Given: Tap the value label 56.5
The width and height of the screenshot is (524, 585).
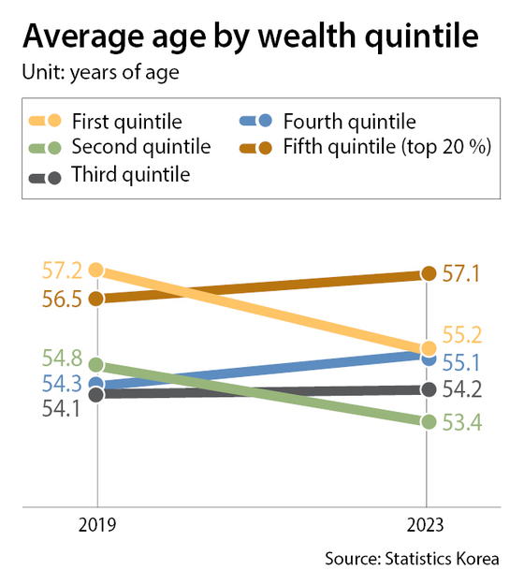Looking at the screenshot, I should [x=63, y=300].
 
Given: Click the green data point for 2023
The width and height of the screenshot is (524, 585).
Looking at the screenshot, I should [x=429, y=422].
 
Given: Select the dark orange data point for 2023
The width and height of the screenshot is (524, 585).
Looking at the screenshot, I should [x=429, y=273].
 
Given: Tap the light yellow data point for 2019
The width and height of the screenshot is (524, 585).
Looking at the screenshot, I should [x=96, y=271].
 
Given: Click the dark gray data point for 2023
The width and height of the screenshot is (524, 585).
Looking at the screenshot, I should [x=429, y=389].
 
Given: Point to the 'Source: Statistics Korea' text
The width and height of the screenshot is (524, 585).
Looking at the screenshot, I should [x=412, y=559].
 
